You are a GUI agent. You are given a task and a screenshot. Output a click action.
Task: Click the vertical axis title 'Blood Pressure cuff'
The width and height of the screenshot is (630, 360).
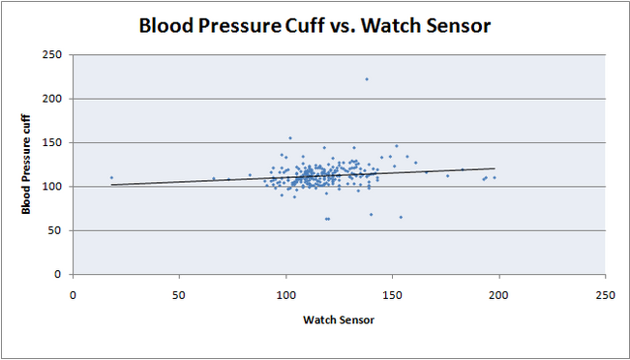tap(30, 164)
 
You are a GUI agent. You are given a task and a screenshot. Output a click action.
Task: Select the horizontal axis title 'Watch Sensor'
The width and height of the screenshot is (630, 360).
tap(338, 319)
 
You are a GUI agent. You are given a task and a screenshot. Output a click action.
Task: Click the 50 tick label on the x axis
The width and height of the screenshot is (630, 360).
tap(179, 293)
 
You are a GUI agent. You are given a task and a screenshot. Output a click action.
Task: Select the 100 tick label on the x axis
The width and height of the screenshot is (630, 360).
tap(285, 293)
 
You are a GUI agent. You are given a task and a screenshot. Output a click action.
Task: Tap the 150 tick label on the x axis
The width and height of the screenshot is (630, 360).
tap(392, 293)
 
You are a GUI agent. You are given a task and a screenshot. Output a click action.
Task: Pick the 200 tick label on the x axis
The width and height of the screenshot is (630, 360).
tap(498, 293)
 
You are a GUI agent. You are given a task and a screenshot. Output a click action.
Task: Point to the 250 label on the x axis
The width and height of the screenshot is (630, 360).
tap(605, 293)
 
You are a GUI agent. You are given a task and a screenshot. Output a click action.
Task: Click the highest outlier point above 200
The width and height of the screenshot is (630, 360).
tap(367, 79)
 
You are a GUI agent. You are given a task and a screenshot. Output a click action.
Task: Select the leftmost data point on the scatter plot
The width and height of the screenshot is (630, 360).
tap(111, 177)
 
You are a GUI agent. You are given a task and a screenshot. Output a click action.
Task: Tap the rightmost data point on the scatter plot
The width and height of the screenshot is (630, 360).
tap(494, 177)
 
